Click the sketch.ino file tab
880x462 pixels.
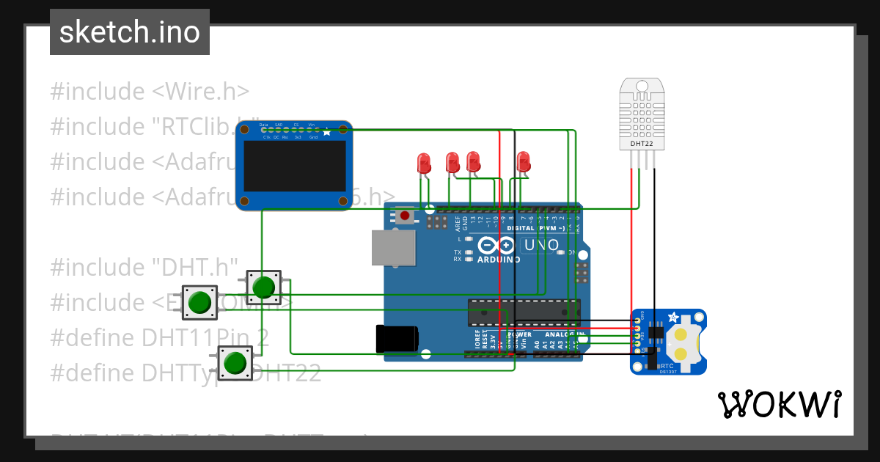129,32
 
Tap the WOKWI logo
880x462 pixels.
779,404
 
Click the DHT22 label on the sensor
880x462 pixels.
642,144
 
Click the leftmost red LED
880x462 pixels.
423,164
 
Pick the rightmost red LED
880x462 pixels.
523,162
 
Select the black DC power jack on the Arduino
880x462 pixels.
397,338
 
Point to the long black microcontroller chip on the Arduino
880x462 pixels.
524,312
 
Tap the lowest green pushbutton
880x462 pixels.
235,363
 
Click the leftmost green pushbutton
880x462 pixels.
199,302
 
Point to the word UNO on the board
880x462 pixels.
541,245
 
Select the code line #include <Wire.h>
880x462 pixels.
150,92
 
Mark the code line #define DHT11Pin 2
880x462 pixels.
159,337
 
